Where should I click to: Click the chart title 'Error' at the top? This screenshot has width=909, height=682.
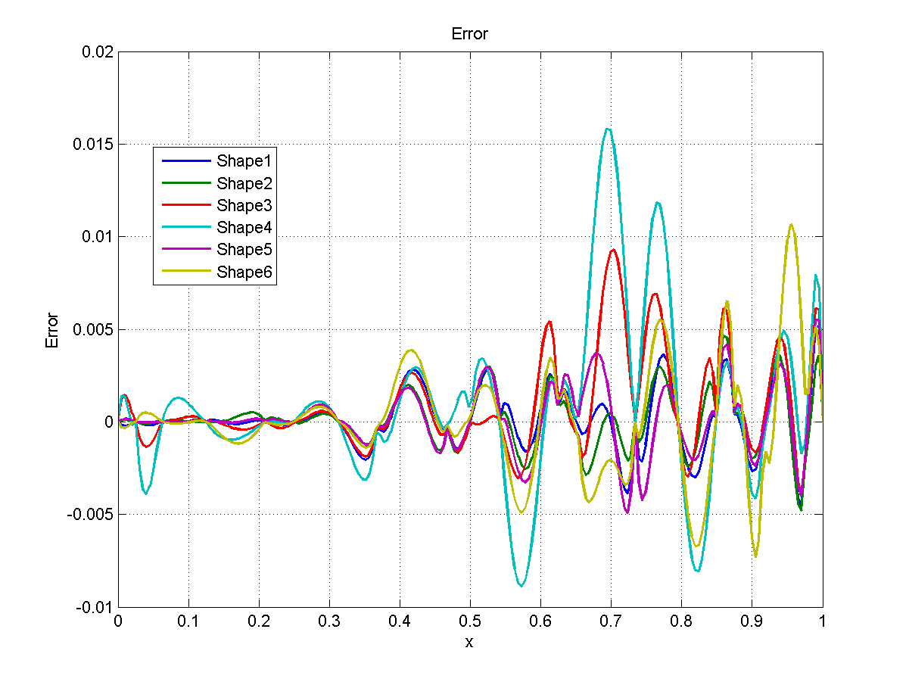tap(469, 34)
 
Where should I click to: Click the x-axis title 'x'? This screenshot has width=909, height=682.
tap(469, 642)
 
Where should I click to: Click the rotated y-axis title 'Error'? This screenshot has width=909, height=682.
tap(52, 330)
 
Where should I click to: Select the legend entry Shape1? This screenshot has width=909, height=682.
tap(244, 160)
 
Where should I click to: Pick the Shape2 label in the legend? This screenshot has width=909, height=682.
tap(244, 183)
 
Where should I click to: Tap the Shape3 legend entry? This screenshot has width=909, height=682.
tap(244, 205)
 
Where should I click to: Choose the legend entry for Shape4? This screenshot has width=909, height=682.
tap(244, 227)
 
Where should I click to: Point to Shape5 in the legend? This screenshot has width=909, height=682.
tap(244, 250)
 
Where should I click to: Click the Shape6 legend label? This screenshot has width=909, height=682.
tap(244, 272)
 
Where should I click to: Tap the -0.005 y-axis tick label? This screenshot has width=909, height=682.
tap(92, 515)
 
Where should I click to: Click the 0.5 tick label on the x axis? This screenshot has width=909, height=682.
tap(470, 622)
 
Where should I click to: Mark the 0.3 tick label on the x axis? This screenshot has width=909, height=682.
tap(329, 622)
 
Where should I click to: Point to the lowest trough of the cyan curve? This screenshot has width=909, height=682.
tap(521, 585)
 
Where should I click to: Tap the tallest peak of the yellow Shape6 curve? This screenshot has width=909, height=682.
tap(791, 224)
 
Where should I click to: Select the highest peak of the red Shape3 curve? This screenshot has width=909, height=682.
tap(612, 250)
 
